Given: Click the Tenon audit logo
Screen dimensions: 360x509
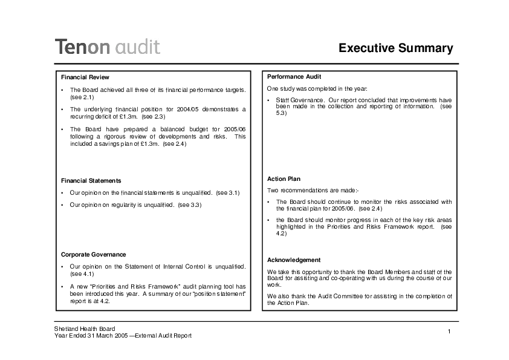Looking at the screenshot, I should coord(108,47).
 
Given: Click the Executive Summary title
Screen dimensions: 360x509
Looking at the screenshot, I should coord(395,48).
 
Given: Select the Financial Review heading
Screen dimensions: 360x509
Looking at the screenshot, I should coord(85,77).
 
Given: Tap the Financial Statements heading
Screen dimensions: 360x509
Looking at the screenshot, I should coord(91,180).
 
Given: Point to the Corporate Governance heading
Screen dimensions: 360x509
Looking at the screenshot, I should coord(94,254).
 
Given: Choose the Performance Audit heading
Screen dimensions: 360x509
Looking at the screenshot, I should coord(294,77).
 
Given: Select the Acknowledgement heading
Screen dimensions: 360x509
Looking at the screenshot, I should coord(294,260).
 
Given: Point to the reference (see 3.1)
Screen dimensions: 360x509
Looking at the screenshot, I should coord(228,192).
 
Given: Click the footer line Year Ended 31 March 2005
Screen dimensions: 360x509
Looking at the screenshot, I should coord(90,336).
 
